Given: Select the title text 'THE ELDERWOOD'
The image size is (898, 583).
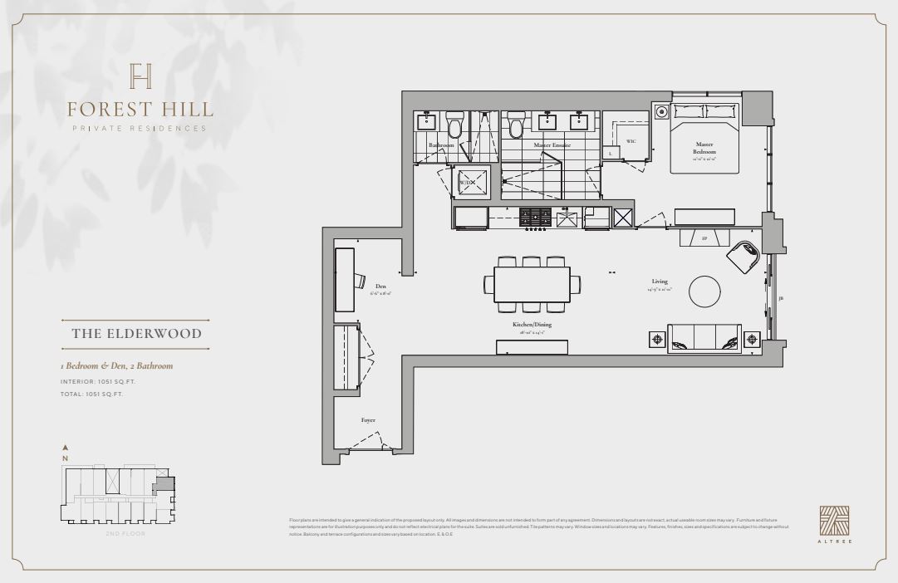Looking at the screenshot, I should point(136,335).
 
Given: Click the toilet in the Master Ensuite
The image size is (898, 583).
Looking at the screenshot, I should point(515,125).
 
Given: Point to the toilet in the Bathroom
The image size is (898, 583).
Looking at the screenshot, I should point(454,125).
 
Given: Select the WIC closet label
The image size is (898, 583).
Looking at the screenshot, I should point(631,141).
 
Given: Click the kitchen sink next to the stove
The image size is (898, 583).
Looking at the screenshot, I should point(567,218).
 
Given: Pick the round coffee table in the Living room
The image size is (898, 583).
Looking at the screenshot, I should point(706,290).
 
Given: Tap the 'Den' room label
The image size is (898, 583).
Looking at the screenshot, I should point(380,287).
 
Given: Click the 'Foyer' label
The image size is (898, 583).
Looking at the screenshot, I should point(368,420).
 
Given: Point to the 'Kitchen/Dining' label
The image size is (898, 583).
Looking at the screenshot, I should point(532,326).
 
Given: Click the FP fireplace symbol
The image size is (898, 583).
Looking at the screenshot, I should point(704,238).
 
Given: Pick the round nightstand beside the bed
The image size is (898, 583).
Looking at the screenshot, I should point(662,111).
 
